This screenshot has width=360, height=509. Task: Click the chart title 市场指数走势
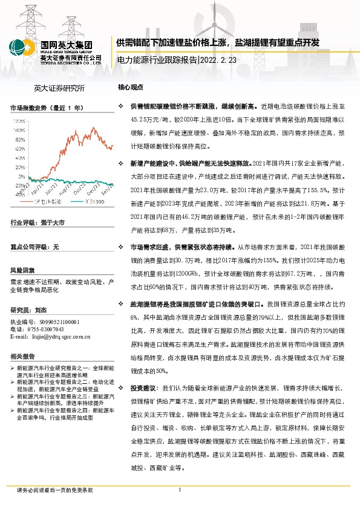[28, 107]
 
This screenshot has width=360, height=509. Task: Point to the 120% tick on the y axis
[19, 121]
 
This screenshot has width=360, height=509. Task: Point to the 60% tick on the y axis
[19, 148]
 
